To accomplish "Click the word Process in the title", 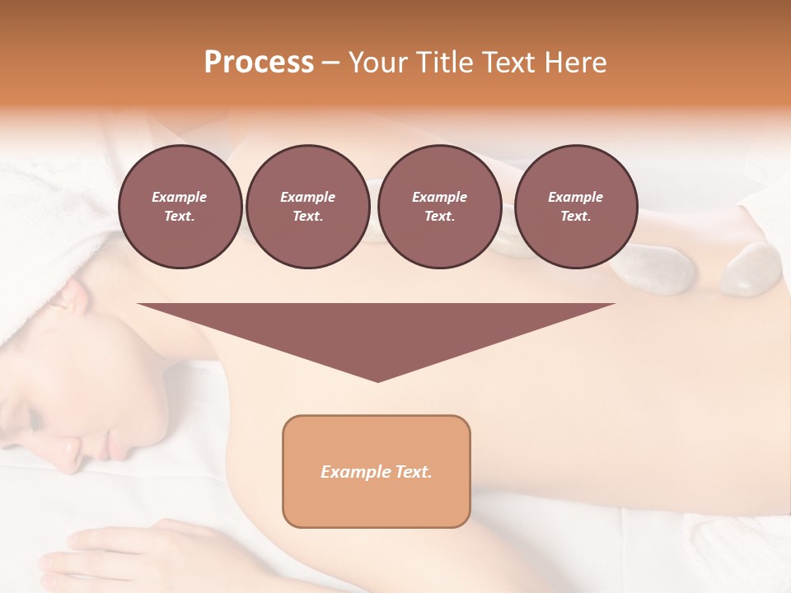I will pos(259,63).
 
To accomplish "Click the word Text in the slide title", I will pos(510,63).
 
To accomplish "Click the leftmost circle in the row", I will pos(180,207).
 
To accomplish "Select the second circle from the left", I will pos(307,207).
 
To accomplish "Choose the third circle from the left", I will pos(439,207).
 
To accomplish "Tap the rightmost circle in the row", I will pos(575,207).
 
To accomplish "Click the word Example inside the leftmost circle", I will pos(180,197).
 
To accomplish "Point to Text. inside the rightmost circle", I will pos(575,217).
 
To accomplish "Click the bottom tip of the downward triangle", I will pos(377,381).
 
